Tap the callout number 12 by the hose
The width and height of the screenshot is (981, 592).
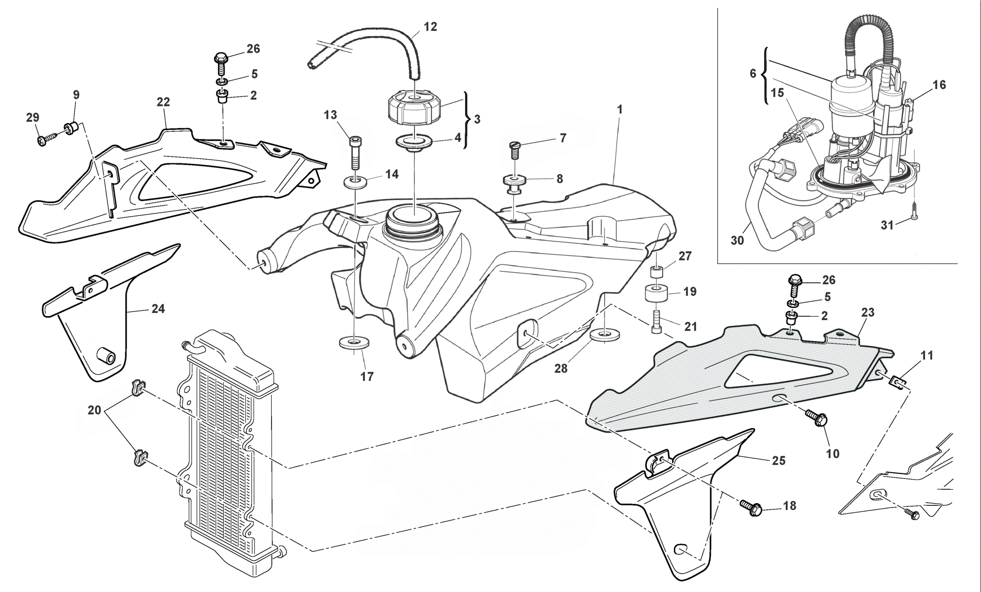(x=430, y=27)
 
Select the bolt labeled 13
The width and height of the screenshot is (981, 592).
(x=355, y=152)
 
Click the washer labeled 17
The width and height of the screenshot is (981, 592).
(x=354, y=342)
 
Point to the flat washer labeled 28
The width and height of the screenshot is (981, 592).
(x=604, y=334)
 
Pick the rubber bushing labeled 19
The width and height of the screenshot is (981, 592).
(x=656, y=293)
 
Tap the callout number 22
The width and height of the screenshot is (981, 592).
(x=163, y=102)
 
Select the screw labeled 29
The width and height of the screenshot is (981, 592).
(x=47, y=138)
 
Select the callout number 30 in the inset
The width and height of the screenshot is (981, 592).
(x=737, y=241)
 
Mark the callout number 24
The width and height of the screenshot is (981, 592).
(x=158, y=309)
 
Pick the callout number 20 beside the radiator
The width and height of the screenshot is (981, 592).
(x=94, y=411)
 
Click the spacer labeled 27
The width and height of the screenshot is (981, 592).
(x=656, y=273)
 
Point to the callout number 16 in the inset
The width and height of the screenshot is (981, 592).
(x=939, y=85)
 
